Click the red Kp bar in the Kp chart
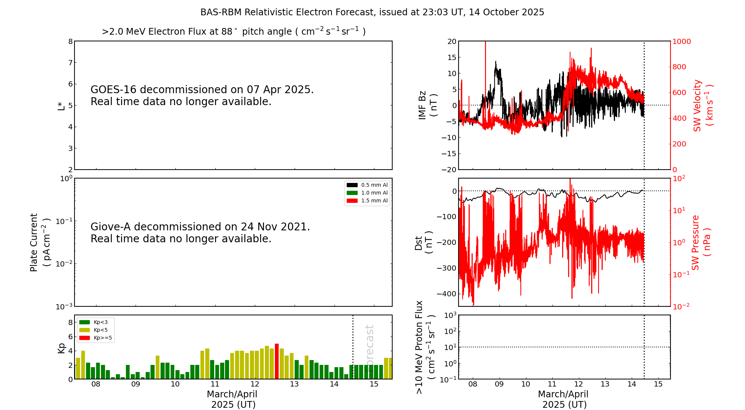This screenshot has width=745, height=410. [x=277, y=361]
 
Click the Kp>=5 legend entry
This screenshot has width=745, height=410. [x=95, y=338]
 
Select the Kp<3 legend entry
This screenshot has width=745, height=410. [x=93, y=322]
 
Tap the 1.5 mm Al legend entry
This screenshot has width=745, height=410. [x=367, y=201]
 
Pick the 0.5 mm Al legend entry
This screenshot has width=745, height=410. [x=367, y=185]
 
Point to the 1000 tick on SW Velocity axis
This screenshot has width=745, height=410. [x=681, y=41]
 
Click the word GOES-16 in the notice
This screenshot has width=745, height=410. [x=114, y=90]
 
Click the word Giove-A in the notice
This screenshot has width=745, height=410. [x=111, y=227]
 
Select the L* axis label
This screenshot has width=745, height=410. [x=61, y=105]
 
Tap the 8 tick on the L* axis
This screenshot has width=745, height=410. [x=70, y=41]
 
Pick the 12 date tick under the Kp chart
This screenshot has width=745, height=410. [x=255, y=384]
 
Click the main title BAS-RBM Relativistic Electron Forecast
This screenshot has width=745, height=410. [x=372, y=12]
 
